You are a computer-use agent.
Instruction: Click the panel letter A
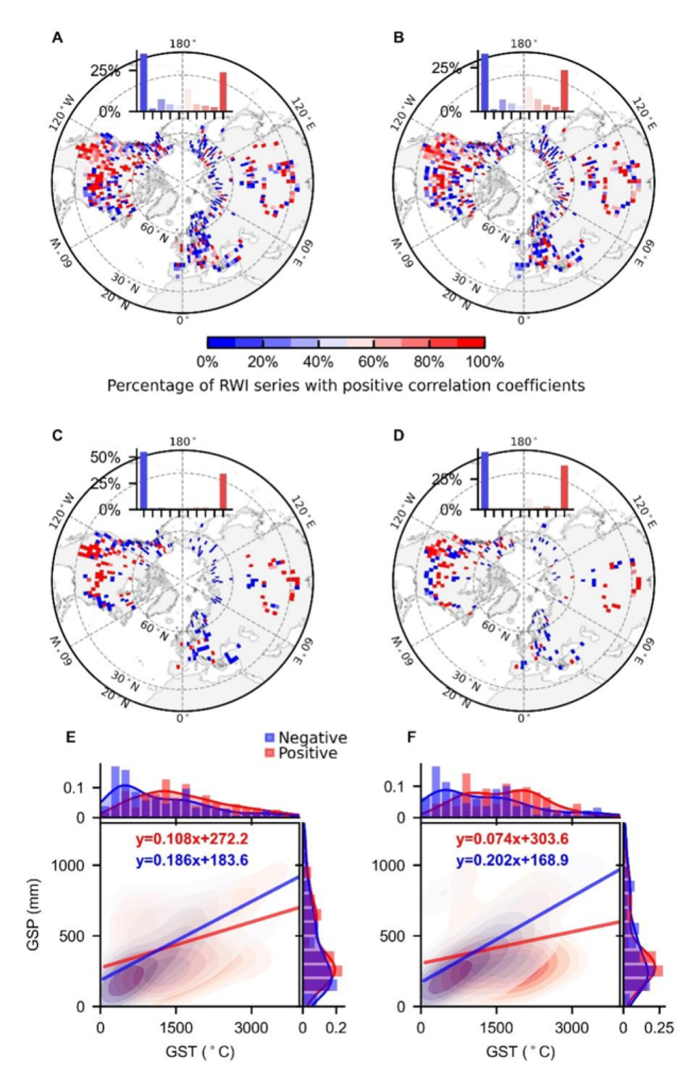tap(58, 38)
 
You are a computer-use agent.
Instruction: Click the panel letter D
tap(399, 435)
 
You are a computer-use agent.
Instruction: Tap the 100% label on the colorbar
tap(485, 362)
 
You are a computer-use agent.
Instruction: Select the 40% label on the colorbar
tap(318, 362)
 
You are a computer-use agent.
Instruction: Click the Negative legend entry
tap(312, 737)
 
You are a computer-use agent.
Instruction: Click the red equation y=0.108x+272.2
tap(192, 840)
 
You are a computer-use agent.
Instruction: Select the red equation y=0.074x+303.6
tap(512, 840)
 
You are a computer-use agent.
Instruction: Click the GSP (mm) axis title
tap(32, 915)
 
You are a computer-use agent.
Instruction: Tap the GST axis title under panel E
tap(200, 1052)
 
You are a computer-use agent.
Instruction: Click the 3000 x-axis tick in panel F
tap(572, 1028)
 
